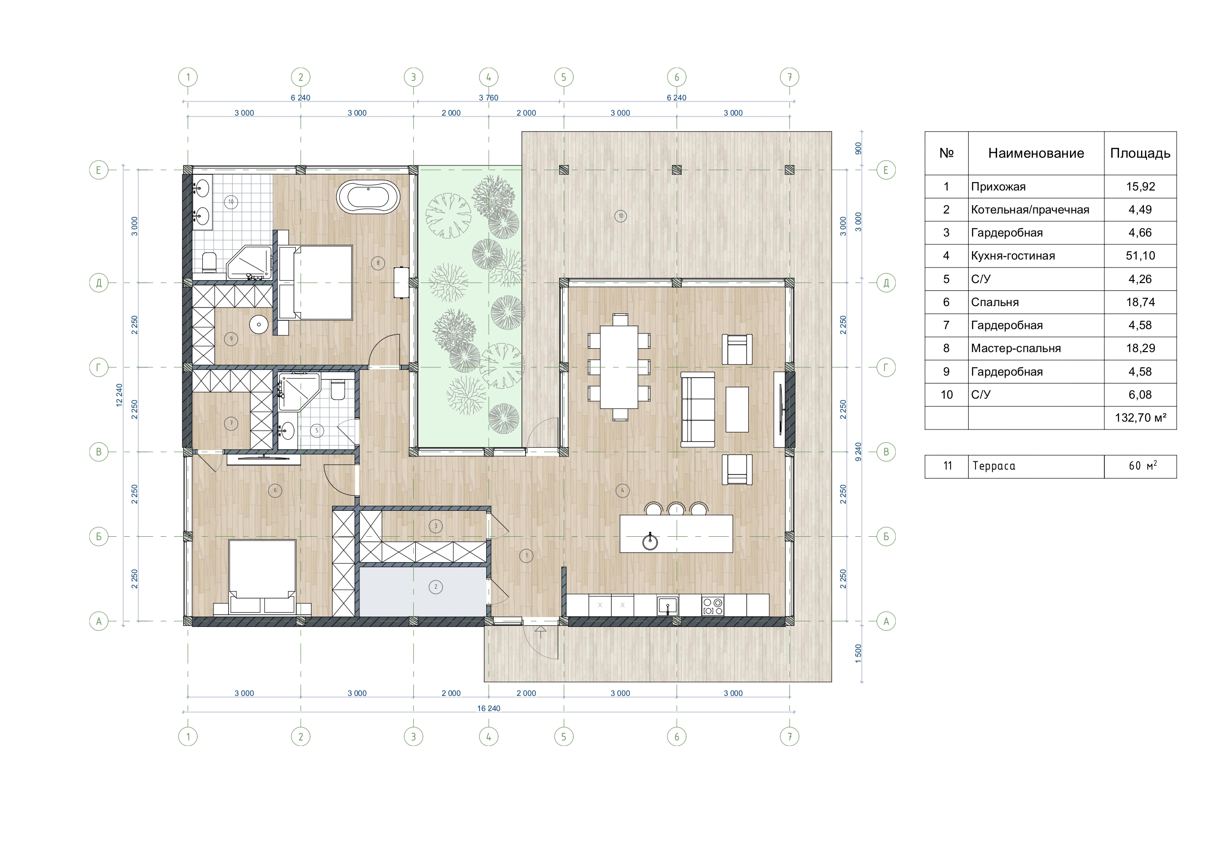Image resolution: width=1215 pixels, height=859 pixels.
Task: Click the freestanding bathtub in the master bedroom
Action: click(368, 197)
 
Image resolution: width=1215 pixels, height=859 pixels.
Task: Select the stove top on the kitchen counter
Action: click(713, 605)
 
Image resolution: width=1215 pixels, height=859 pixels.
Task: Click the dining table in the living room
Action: click(619, 368)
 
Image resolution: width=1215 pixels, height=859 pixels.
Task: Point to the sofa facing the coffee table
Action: click(697, 409)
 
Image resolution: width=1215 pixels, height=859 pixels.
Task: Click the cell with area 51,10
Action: click(1140, 256)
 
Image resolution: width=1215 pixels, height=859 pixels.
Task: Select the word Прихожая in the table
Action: click(998, 187)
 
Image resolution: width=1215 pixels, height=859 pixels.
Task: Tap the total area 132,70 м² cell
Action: click(1140, 418)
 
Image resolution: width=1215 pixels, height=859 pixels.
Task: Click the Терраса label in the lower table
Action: click(994, 466)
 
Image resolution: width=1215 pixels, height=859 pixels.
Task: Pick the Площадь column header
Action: click(1140, 153)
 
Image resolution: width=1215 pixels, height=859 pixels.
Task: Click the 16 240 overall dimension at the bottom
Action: click(488, 708)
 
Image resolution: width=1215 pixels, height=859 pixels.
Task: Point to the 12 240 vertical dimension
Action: click(119, 395)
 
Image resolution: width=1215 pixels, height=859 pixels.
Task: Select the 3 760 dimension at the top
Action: click(488, 97)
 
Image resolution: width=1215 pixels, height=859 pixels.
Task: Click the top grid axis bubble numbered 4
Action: click(488, 77)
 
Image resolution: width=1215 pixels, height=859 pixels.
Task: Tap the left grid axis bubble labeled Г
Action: click(98, 367)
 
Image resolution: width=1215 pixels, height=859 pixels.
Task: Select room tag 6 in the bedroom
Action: click(275, 491)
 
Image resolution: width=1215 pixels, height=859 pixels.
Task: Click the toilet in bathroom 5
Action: click(337, 391)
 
